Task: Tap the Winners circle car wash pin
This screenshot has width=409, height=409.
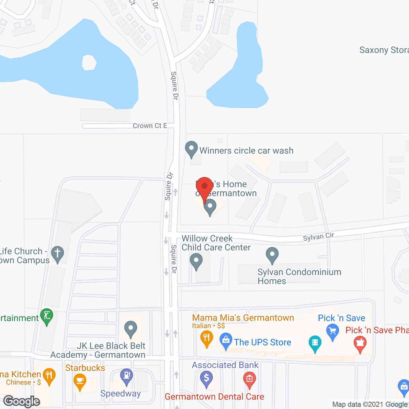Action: (191, 149)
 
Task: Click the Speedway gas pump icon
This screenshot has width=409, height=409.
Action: (127, 376)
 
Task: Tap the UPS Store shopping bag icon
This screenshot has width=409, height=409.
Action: (226, 341)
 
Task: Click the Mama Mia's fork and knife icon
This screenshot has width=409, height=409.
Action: (207, 338)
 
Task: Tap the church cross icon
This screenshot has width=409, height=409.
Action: (58, 254)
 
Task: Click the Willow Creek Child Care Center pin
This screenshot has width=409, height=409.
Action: (196, 261)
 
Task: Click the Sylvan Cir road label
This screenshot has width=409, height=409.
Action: (318, 237)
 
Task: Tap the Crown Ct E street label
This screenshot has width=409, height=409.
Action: (150, 126)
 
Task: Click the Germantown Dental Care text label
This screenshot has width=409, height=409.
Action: (214, 397)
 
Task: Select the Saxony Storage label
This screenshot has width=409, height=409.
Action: (384, 50)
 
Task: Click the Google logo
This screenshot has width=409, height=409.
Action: (22, 401)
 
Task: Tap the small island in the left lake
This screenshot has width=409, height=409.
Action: (89, 62)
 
